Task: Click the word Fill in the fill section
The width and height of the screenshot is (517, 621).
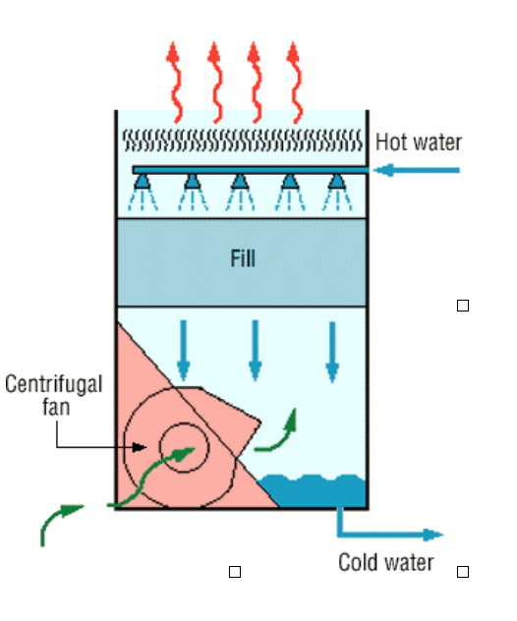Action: [x=243, y=258]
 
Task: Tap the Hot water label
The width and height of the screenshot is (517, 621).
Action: [x=419, y=142]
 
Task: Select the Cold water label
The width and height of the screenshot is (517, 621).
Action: [x=386, y=562]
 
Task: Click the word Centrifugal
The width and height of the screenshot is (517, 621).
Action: [x=54, y=384]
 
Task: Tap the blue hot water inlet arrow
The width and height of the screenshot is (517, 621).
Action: [x=417, y=170]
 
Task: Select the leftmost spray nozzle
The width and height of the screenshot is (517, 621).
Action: [x=143, y=182]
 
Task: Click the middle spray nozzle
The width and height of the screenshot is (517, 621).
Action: [x=240, y=182]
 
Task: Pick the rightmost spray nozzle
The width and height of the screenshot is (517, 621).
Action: [x=337, y=182]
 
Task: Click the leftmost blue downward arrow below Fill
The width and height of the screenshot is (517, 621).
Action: [x=183, y=351]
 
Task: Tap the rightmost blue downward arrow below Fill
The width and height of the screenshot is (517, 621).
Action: [x=332, y=353]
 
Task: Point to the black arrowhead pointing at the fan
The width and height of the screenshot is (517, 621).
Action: [x=139, y=447]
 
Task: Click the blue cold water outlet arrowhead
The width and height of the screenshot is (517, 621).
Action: [x=433, y=535]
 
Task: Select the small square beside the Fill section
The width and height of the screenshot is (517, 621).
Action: [x=463, y=306]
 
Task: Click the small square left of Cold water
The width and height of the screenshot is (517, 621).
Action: [x=235, y=572]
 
